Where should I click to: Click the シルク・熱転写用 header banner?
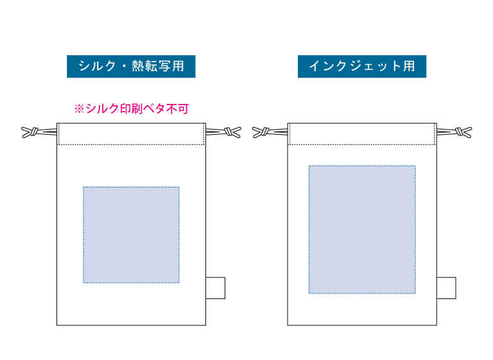[x=131, y=66]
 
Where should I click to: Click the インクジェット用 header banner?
[x=362, y=66]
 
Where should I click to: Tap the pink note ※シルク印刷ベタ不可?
[x=132, y=109]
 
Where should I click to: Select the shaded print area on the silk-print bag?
[x=132, y=235]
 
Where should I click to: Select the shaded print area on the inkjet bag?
[x=362, y=230]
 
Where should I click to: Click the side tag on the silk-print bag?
[x=216, y=288]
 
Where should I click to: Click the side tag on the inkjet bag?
[x=447, y=288]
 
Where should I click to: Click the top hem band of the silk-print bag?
[x=132, y=134]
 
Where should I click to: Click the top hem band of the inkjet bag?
[x=362, y=134]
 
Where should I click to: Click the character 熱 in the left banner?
[x=138, y=66]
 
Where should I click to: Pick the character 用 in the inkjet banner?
[x=410, y=66]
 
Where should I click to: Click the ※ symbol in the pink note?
[x=79, y=109]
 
